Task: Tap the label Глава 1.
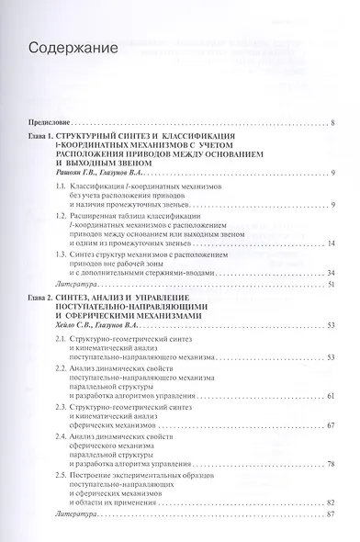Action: coord(48,135)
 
